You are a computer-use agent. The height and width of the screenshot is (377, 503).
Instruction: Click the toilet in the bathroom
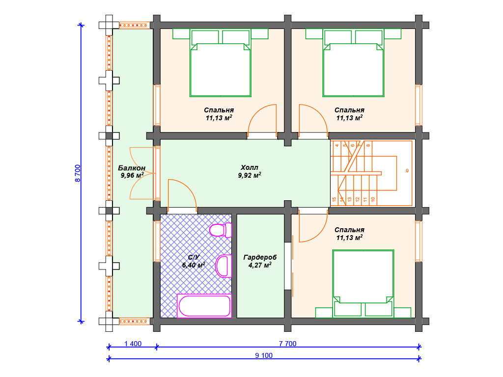point(221,230)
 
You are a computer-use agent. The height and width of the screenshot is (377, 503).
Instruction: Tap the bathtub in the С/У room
point(204,306)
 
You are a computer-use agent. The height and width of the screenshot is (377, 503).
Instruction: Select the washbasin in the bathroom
point(224,266)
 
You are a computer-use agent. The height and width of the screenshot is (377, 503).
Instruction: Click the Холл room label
point(249,167)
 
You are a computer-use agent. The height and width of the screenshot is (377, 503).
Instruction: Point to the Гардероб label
point(260,257)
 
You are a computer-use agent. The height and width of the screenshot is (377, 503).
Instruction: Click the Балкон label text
point(132,168)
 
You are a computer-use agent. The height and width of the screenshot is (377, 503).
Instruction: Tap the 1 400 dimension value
point(133,344)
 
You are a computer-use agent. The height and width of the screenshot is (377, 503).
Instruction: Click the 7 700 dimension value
point(288,344)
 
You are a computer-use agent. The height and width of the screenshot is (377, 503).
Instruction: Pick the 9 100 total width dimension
point(264,355)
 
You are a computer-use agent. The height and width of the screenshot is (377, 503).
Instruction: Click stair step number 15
point(334,199)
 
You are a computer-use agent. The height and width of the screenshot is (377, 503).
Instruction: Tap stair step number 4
point(337,145)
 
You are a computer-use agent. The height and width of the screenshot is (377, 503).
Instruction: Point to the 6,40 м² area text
point(194,265)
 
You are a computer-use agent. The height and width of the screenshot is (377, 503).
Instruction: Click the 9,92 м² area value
point(249,175)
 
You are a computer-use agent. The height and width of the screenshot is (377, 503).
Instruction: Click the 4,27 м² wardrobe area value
point(260,265)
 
